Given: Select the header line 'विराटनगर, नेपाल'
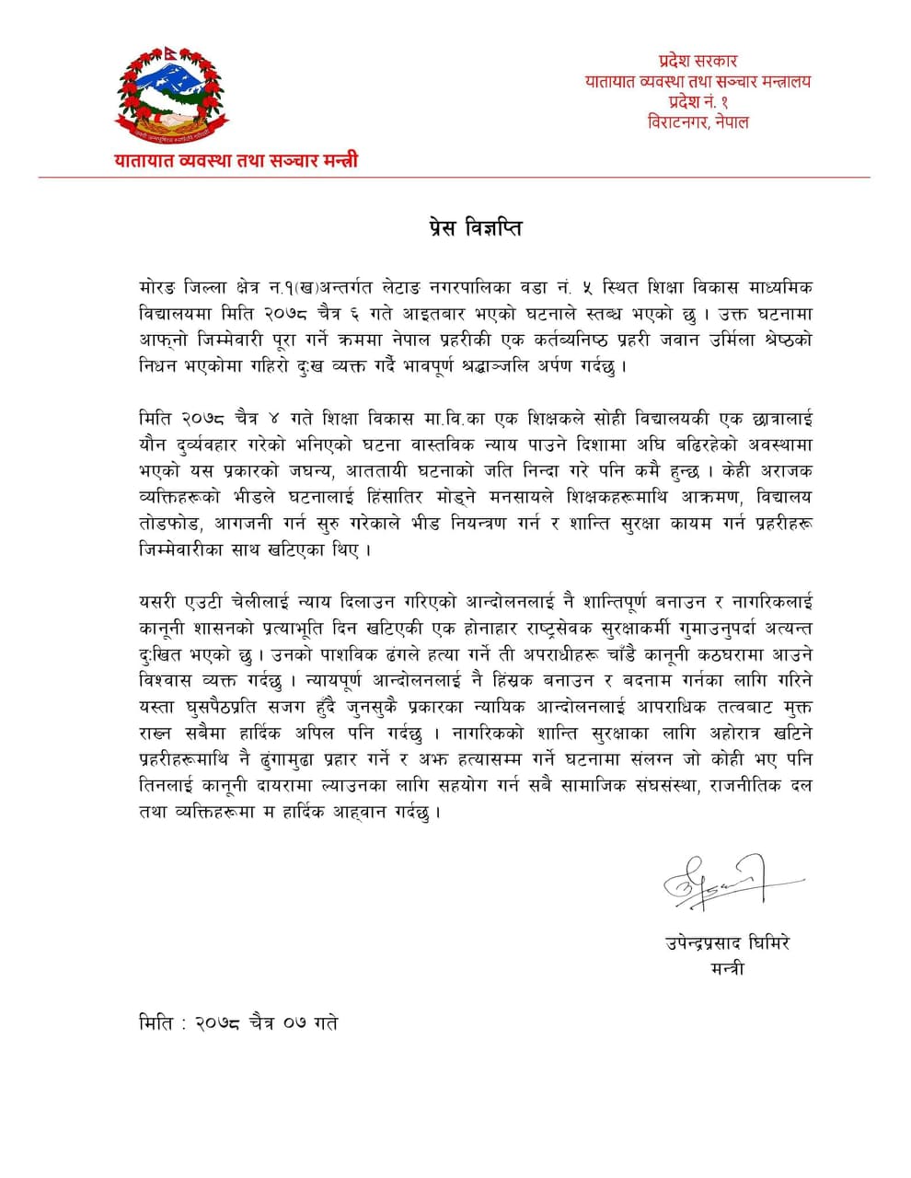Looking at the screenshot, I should coord(698,121).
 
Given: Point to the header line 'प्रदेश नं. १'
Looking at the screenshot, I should coord(698,101).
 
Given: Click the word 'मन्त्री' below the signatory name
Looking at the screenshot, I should coord(727,968).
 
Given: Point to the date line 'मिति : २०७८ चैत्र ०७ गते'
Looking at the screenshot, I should coord(237,1022).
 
